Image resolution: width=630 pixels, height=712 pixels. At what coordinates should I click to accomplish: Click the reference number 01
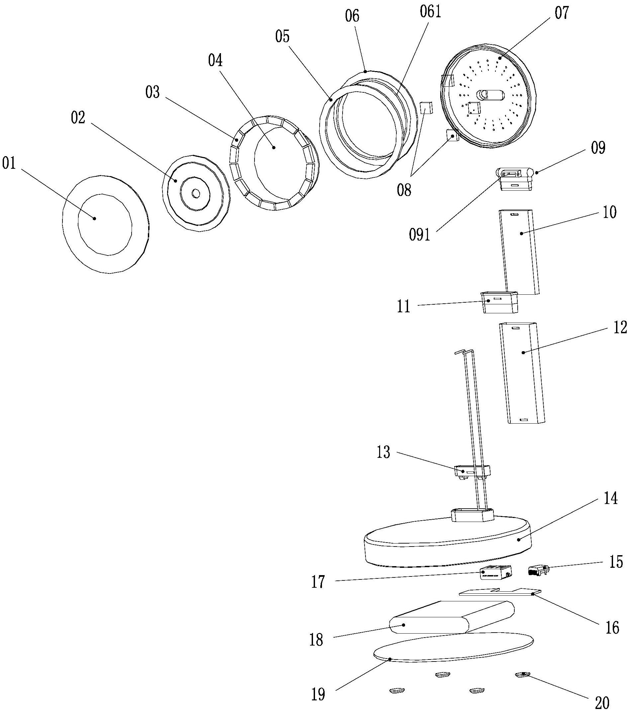point(9,163)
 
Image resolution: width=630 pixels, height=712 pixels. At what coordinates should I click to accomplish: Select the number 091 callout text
point(420,235)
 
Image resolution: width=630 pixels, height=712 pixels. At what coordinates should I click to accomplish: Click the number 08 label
point(404,190)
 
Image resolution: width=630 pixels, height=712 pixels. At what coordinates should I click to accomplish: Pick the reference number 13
point(383,453)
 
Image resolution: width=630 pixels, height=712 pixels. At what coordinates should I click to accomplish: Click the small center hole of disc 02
point(195,193)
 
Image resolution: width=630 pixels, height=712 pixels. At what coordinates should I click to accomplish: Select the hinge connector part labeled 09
point(515,179)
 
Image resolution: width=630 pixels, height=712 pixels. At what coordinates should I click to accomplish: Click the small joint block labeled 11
point(500,302)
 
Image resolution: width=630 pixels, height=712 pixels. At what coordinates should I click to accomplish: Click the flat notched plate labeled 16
point(500,592)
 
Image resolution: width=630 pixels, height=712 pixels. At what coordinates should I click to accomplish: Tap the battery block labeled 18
point(452,618)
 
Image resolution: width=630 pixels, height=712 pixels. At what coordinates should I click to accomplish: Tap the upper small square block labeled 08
point(426,108)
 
